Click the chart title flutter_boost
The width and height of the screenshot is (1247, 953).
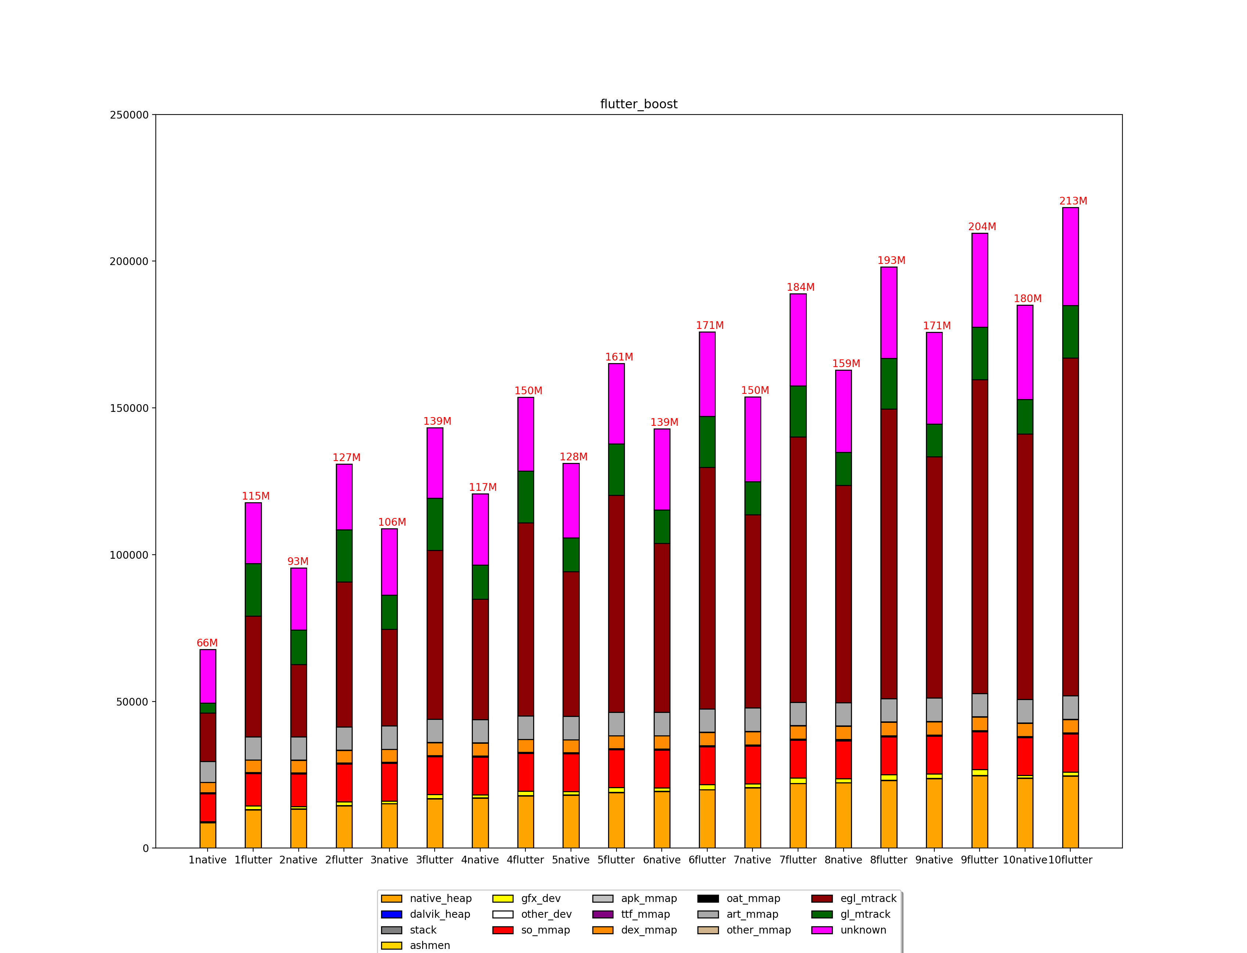pyautogui.click(x=639, y=104)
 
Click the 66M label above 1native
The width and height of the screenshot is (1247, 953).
pyautogui.click(x=207, y=643)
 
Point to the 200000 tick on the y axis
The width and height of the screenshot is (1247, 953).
pyautogui.click(x=129, y=261)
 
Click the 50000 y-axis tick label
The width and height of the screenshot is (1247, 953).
pyautogui.click(x=132, y=702)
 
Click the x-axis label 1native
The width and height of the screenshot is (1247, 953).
pyautogui.click(x=207, y=860)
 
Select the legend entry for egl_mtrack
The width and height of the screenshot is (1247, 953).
pyautogui.click(x=868, y=899)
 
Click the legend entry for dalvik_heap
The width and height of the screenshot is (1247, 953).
pyautogui.click(x=439, y=914)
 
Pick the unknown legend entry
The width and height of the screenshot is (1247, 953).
pyautogui.click(x=863, y=930)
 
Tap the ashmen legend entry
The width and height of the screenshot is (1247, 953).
pyautogui.click(x=429, y=946)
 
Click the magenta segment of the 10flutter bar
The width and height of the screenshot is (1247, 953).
pyautogui.click(x=1071, y=256)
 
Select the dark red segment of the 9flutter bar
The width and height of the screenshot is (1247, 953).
pyautogui.click(x=980, y=536)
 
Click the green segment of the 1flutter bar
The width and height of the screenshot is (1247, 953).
pyautogui.click(x=253, y=590)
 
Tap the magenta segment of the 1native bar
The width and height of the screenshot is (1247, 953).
pyautogui.click(x=208, y=676)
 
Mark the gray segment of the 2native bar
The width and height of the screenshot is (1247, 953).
pyautogui.click(x=299, y=748)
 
